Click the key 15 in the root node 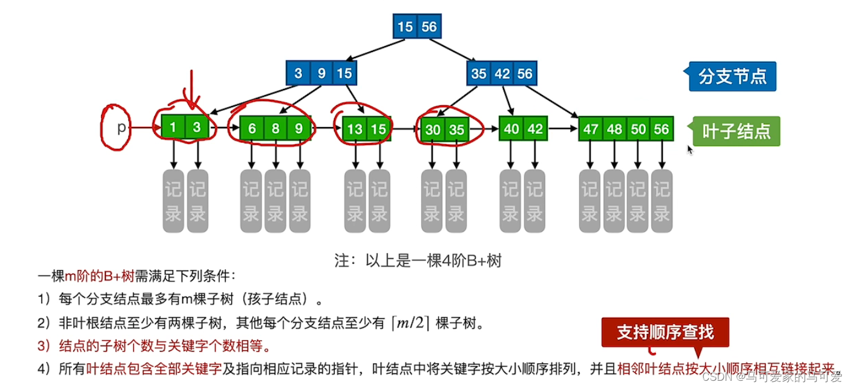(405, 27)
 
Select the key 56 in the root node (429, 27)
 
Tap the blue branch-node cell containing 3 (298, 74)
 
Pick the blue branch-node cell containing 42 (502, 74)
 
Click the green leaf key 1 (172, 128)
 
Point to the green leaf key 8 (275, 128)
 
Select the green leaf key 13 (355, 128)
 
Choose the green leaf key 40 (511, 128)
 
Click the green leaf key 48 (614, 129)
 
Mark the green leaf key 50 (638, 129)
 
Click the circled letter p (120, 128)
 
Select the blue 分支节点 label (732, 76)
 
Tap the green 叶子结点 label (736, 131)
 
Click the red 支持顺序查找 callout (665, 332)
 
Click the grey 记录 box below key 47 (590, 201)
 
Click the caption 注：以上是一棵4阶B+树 (418, 261)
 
